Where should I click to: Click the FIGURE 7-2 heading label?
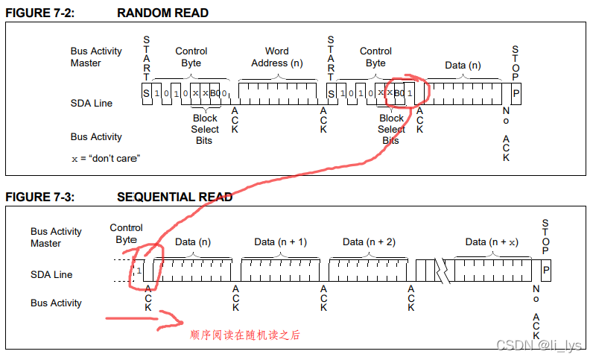39,13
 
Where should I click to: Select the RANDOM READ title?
162,13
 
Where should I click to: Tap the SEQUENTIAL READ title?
174,197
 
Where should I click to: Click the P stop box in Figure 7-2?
516,93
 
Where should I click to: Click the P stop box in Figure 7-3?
546,271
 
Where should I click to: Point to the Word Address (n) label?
277,57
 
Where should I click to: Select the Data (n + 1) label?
280,242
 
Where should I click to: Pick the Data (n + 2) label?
369,242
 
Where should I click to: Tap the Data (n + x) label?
492,242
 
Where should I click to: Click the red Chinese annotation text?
244,335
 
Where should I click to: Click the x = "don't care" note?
106,158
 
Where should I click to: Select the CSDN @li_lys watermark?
539,345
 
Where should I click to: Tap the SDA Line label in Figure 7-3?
51,274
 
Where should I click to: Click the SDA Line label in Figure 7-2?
91,103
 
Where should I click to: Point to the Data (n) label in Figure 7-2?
463,66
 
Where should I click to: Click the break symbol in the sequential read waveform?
443,271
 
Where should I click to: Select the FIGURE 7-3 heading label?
39,197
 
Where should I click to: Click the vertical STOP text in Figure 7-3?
545,236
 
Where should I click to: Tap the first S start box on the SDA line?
147,93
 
